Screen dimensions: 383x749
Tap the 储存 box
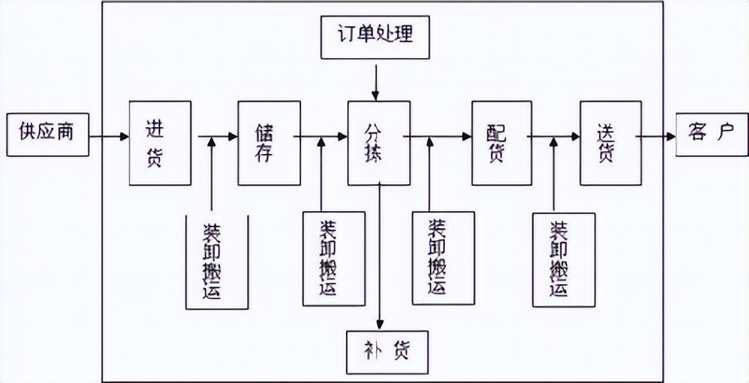269,143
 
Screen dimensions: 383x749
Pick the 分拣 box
378,143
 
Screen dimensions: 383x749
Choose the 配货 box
500,143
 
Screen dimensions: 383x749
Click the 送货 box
610,143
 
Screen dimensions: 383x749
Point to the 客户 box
712,135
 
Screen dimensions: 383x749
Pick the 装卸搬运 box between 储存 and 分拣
333,259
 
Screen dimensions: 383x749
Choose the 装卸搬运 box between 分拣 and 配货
443,258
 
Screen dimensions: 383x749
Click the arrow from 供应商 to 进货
109,137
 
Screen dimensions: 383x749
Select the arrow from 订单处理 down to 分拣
376,79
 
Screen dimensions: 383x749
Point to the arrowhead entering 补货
380,323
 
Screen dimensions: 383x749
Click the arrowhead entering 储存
232,137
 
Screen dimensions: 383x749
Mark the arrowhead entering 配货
466,137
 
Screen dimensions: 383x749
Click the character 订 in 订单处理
344,35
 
